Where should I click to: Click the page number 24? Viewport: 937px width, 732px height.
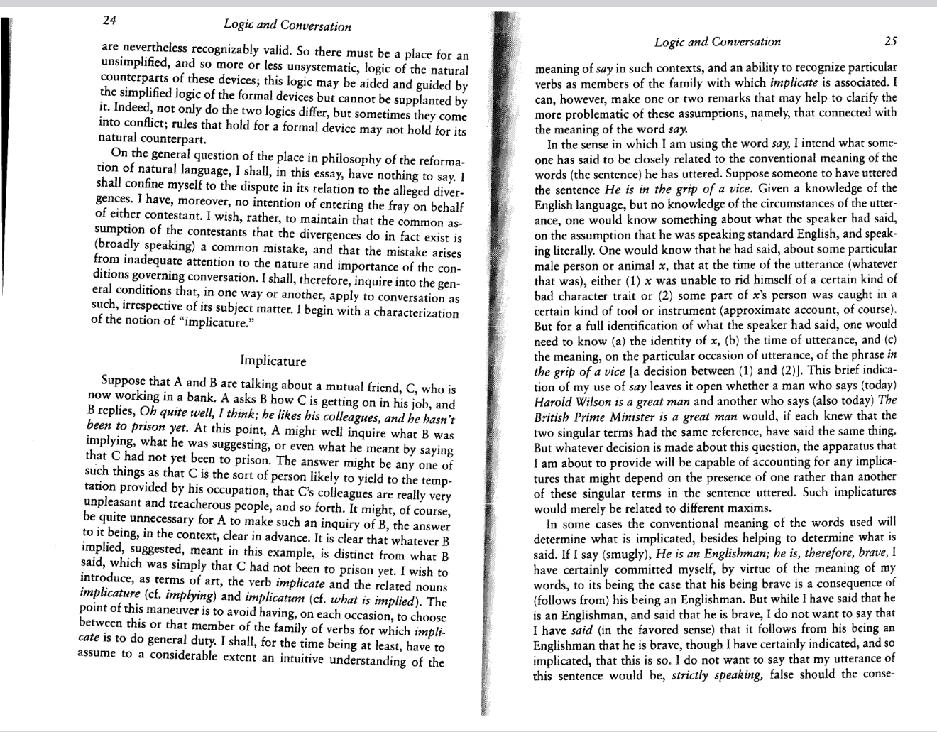pyautogui.click(x=109, y=21)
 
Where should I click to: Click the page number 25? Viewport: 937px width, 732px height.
pyautogui.click(x=890, y=41)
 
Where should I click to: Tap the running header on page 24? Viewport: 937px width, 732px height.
pyautogui.click(x=287, y=26)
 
